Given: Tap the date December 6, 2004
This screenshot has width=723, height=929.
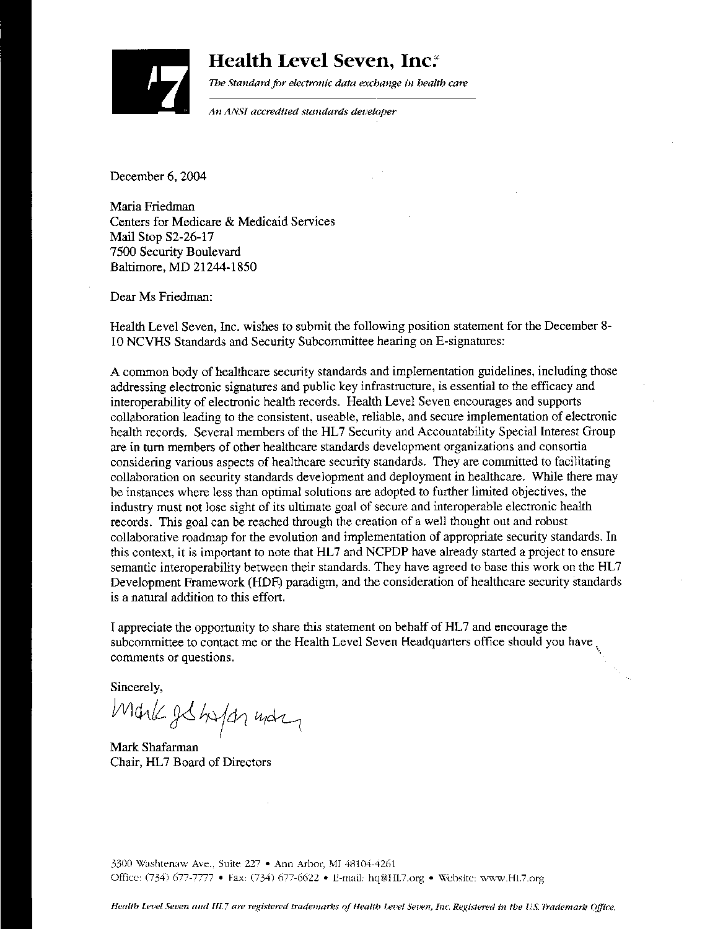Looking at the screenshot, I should coord(158,176).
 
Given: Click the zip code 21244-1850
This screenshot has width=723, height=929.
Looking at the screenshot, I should coord(226,267).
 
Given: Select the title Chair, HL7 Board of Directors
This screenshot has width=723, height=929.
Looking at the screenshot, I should coord(190,762).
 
